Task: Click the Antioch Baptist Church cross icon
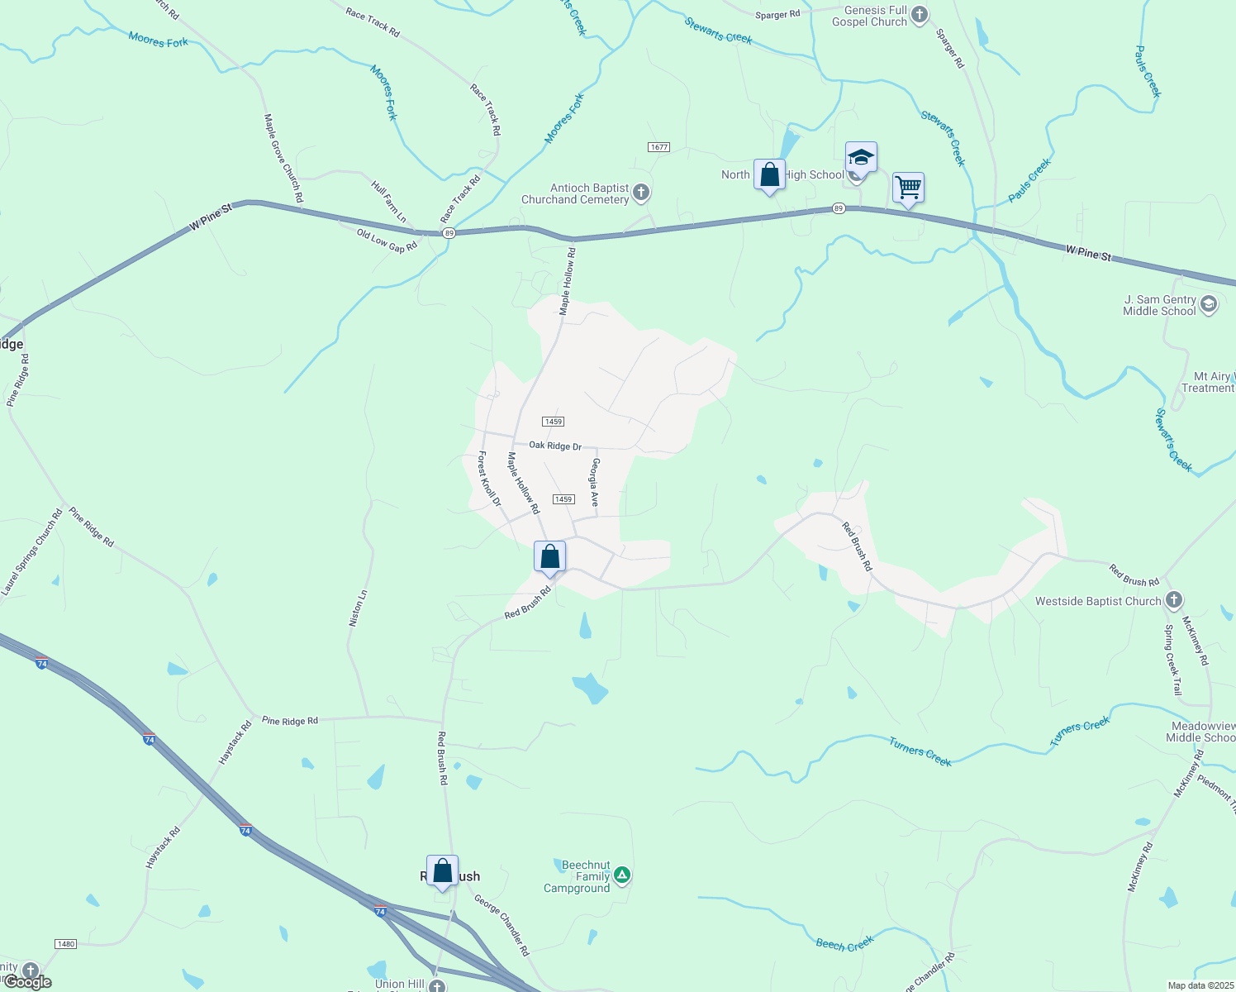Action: (641, 194)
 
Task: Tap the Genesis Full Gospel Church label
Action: (869, 17)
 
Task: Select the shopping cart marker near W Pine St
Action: (908, 188)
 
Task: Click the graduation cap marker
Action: (861, 157)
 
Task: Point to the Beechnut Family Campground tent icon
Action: (622, 875)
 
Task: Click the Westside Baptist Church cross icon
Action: (1173, 600)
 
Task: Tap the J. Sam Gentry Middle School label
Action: (1159, 305)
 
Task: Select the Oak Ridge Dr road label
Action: (555, 446)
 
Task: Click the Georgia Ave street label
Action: (595, 482)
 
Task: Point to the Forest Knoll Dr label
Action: (490, 479)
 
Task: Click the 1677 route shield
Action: (658, 147)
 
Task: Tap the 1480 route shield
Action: (65, 944)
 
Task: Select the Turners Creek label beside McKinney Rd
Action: (1080, 732)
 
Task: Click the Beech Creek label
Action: (844, 944)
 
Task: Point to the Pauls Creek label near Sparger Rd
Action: (1029, 180)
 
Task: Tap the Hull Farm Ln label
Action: (389, 202)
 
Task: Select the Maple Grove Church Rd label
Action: (283, 158)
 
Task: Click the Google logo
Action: (27, 982)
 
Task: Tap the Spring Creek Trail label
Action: (1173, 660)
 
